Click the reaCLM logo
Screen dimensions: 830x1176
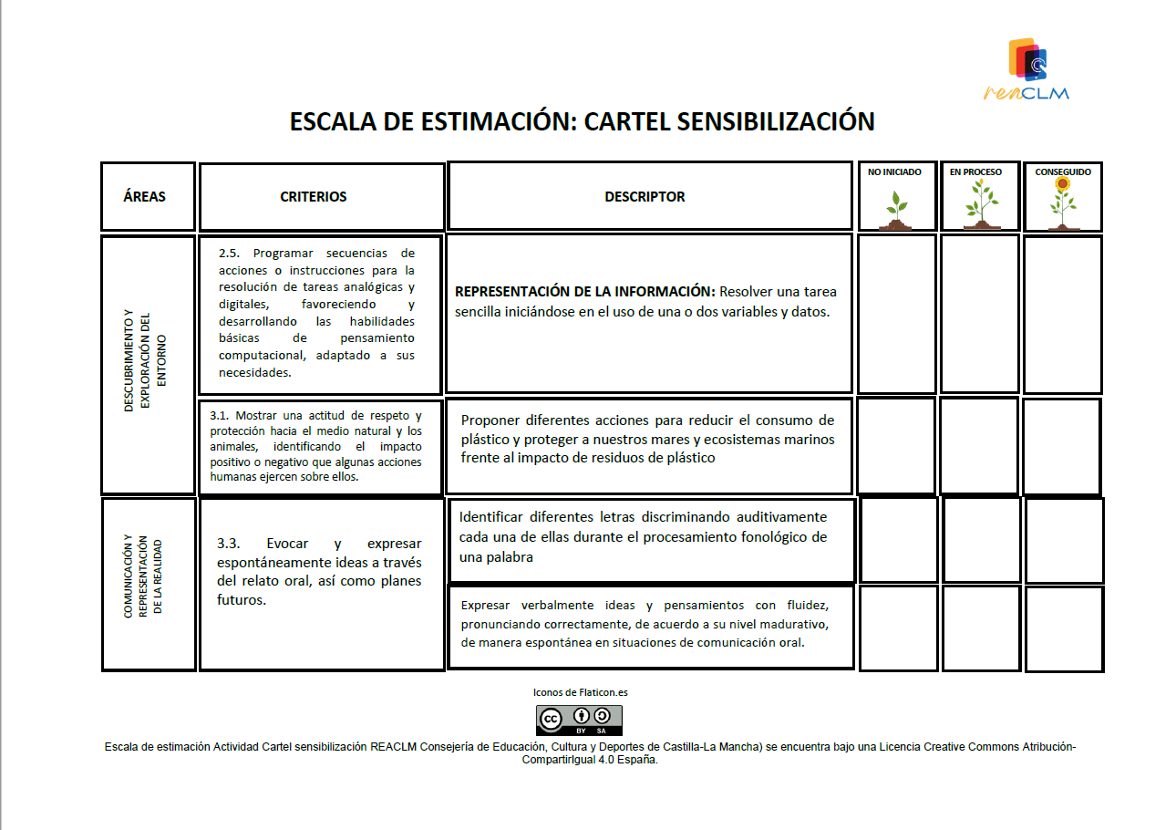pyautogui.click(x=1027, y=69)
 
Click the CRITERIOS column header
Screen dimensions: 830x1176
pyautogui.click(x=313, y=196)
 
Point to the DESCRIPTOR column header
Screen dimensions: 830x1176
pyautogui.click(x=645, y=196)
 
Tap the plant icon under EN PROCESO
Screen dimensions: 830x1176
pyautogui.click(x=981, y=205)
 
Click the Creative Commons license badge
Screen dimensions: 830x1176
pyautogui.click(x=579, y=720)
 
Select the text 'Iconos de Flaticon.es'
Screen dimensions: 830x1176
pyautogui.click(x=580, y=692)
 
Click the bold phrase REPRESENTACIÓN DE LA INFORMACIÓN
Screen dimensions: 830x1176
pyautogui.click(x=584, y=292)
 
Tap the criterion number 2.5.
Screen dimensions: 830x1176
pyautogui.click(x=228, y=254)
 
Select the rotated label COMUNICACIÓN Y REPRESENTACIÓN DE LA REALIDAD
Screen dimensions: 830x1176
pyautogui.click(x=144, y=584)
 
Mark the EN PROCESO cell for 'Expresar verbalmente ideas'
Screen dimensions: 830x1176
pyautogui.click(x=982, y=628)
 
